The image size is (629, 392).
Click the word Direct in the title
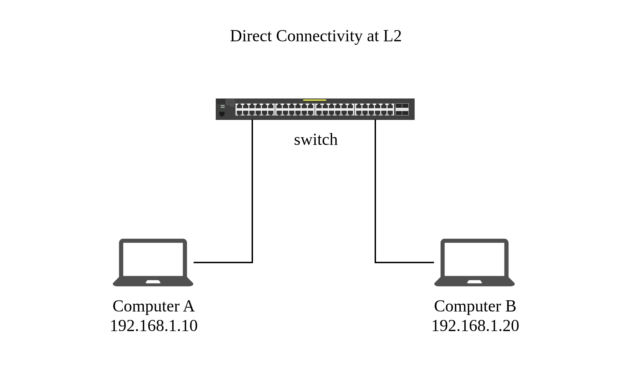[x=251, y=36]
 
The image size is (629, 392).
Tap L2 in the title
[x=392, y=36]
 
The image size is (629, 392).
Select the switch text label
[x=316, y=140]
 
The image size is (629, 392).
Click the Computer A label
[x=153, y=306]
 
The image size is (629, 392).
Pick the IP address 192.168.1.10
[x=154, y=325]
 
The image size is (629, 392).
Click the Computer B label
[x=475, y=306]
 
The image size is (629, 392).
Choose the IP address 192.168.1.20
[x=475, y=325]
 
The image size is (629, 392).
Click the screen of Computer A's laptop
[x=153, y=259]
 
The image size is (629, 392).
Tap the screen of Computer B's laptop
[x=475, y=259]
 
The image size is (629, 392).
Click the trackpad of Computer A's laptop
[x=153, y=282]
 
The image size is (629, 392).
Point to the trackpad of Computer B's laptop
[x=475, y=282]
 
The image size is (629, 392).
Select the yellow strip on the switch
[x=314, y=100]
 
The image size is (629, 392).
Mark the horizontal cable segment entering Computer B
[x=405, y=262]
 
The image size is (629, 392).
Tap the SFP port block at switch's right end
[x=402, y=109]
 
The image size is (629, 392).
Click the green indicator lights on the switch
[x=223, y=106]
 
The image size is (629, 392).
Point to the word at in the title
[x=373, y=36]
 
